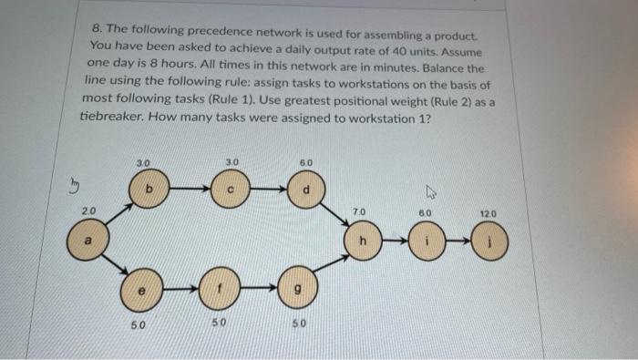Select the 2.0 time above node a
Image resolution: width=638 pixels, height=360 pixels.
(x=88, y=211)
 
